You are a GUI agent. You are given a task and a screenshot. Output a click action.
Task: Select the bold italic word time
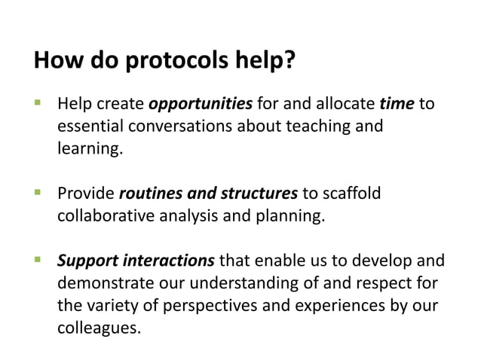(397, 103)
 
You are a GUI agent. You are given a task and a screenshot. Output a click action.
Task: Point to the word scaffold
(351, 194)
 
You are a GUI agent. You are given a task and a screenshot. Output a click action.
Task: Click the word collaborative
(106, 216)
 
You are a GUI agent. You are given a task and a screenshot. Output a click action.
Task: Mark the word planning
(292, 216)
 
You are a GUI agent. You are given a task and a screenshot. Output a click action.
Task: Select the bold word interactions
(170, 261)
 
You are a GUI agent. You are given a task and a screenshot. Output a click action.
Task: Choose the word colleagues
(98, 329)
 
